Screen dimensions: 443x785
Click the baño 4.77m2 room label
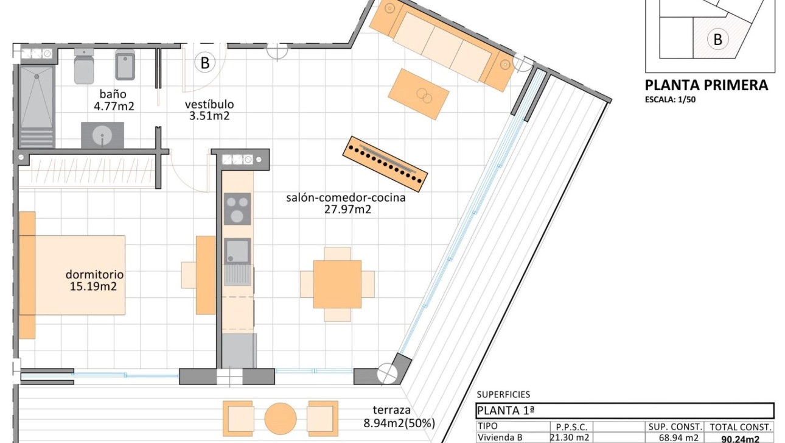(x=113, y=101)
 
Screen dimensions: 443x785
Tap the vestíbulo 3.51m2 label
(x=209, y=110)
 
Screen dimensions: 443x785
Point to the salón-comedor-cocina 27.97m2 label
(x=346, y=204)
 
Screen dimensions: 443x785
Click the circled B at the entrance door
(x=204, y=62)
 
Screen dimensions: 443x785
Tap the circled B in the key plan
(x=717, y=40)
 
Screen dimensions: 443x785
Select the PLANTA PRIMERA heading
(x=706, y=85)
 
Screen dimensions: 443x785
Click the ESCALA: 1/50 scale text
(x=670, y=100)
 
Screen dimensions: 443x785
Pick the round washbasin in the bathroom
(x=102, y=136)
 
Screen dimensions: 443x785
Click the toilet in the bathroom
(x=83, y=66)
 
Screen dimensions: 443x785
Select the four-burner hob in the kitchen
(x=237, y=209)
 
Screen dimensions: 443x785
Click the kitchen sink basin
(x=237, y=251)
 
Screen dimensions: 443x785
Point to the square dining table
(x=337, y=284)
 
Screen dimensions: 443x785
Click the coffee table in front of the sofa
(x=419, y=93)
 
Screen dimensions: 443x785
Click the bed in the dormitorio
(x=73, y=275)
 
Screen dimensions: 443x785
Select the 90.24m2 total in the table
(x=740, y=439)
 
